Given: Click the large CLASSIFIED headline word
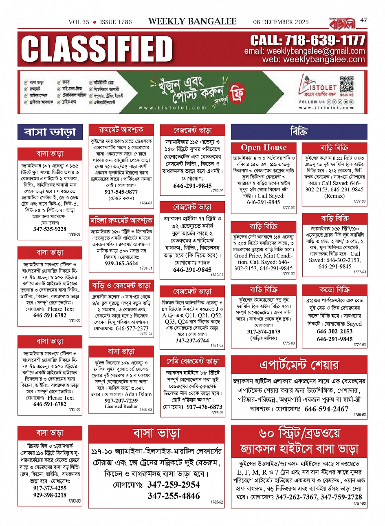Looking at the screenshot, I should coord(97,49).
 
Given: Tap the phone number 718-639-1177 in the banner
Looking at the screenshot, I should coord(308,40).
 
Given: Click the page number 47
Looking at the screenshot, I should coord(364,20).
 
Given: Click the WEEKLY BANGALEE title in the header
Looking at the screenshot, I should coord(192,21).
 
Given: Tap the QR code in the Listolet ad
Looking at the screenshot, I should coord(347,85).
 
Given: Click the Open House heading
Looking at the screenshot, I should coord(264,148).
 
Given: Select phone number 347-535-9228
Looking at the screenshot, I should coord(50,229).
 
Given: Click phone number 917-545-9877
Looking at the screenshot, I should coord(121,192).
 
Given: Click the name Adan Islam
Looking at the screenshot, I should coord(138,394).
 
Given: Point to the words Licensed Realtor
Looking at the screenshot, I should coord(121,406).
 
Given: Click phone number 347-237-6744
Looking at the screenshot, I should coord(192,340).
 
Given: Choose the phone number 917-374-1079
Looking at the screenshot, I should coord(264,332).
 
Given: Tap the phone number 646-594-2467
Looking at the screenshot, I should coord(326,409).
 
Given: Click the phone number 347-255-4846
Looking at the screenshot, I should coord(174,496).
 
